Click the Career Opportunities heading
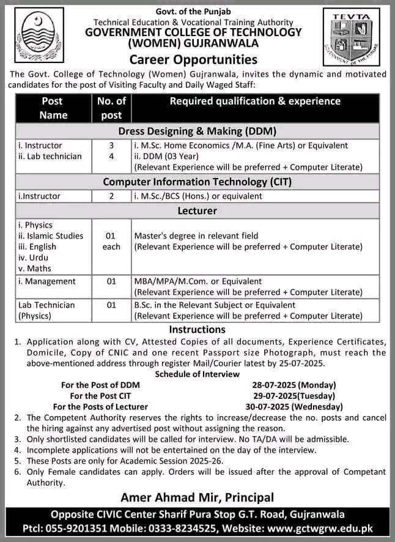(x=193, y=59)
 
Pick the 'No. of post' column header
(x=112, y=108)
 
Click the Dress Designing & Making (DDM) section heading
(x=197, y=131)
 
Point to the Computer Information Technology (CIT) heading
(x=197, y=182)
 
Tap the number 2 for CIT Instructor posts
(x=112, y=196)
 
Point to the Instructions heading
(x=197, y=330)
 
